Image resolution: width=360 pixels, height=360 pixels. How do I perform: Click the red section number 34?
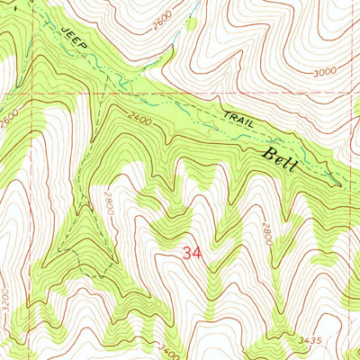192,254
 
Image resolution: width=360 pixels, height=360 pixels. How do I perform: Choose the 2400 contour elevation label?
139,116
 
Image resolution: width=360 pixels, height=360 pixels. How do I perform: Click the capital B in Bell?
268,155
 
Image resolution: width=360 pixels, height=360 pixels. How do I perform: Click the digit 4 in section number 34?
197,254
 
